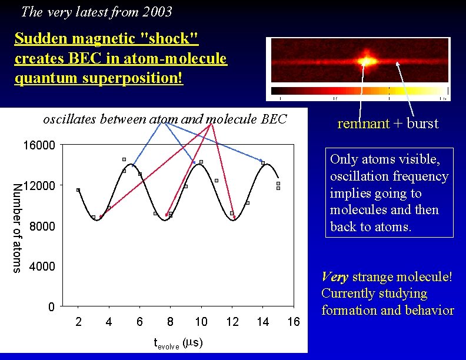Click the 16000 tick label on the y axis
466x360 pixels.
click(39, 145)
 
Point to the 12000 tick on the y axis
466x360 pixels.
click(39, 186)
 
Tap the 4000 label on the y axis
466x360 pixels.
click(42, 266)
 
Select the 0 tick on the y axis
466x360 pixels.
click(51, 307)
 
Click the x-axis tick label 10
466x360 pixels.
click(201, 322)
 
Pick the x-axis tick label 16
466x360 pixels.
click(294, 322)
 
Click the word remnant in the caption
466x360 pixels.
click(363, 124)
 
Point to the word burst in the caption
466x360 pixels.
click(421, 124)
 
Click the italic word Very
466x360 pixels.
click(335, 276)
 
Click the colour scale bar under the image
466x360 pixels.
click(360, 91)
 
